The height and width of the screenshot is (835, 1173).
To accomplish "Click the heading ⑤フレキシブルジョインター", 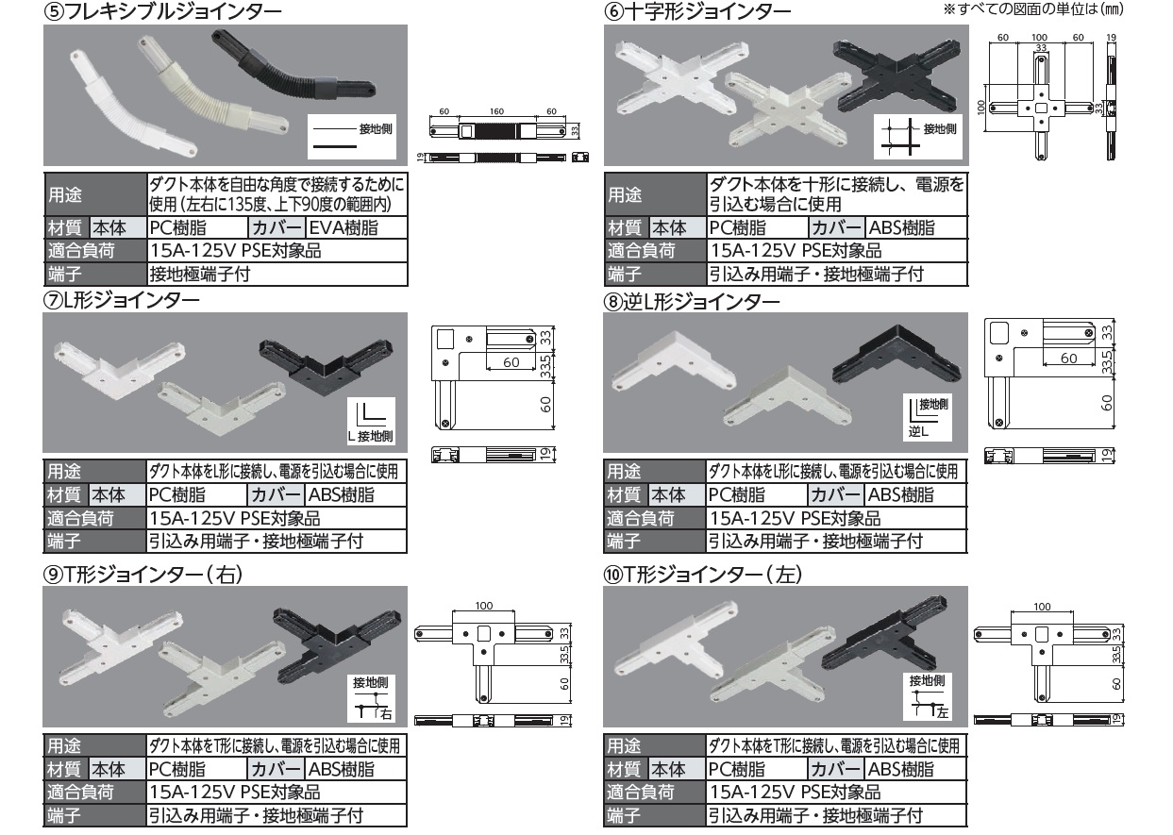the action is click(x=163, y=11).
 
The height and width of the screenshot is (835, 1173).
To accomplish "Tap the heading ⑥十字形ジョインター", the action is click(x=697, y=11).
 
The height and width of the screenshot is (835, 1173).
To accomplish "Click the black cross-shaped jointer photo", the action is click(x=897, y=76).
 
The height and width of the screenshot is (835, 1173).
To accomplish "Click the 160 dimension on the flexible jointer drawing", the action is click(x=496, y=111).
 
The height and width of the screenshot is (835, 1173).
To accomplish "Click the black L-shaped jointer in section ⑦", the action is click(x=326, y=366).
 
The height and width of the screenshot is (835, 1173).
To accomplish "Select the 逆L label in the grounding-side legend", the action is click(x=918, y=432).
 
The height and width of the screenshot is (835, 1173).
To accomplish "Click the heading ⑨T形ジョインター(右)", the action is click(x=143, y=575).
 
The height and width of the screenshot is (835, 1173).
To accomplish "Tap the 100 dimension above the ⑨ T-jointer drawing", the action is click(x=484, y=606).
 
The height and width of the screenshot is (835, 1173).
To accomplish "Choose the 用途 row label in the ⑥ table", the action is click(x=626, y=195).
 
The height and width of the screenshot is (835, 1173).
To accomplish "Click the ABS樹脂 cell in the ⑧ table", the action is click(x=900, y=495).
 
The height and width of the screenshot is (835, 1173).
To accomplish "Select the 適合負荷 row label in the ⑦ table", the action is click(x=80, y=518).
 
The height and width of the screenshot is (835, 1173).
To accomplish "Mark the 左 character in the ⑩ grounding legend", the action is click(x=942, y=712).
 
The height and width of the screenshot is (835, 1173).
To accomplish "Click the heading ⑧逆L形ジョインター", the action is click(x=692, y=302).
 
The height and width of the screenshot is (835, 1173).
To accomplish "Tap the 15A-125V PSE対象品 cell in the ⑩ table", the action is click(x=795, y=793).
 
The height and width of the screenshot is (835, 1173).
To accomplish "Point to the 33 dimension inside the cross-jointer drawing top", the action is click(x=1041, y=47).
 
